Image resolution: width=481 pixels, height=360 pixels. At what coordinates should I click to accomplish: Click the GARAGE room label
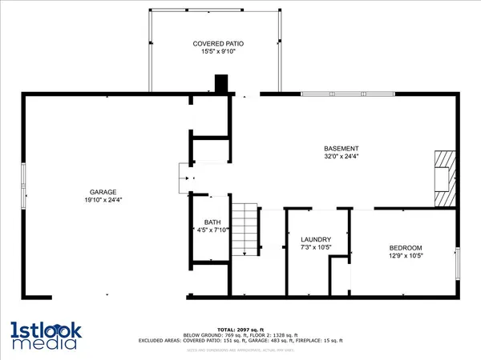coord(103,192)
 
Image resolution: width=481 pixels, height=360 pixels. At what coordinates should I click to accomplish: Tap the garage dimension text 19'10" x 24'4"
coord(103,200)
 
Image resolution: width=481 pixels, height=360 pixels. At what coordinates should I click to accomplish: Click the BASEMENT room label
coord(341,149)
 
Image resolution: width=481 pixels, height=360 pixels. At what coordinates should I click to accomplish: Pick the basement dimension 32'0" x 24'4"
coord(341,158)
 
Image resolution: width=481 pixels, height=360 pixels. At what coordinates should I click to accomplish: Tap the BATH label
coord(212,222)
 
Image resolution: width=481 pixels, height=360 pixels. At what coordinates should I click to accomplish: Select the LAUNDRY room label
coord(316,240)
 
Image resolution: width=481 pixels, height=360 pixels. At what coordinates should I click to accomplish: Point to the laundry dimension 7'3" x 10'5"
coord(316,249)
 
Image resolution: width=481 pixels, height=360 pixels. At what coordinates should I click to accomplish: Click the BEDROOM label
coord(406,248)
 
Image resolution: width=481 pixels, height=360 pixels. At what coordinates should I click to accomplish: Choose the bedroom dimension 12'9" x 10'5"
coord(406,257)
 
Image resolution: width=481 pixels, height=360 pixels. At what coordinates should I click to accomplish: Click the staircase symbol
coord(245,230)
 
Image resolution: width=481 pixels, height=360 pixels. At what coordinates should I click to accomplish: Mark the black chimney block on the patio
coord(221,84)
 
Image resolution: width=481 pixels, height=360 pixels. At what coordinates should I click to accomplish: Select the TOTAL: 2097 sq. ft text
coord(240,330)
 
